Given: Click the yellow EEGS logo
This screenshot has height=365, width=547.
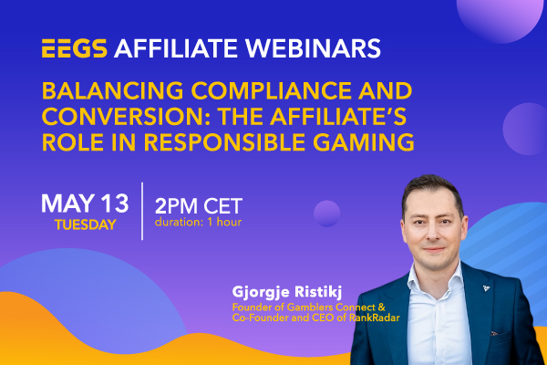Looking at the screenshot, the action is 75,47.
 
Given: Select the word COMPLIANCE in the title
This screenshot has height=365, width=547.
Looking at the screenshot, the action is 271,90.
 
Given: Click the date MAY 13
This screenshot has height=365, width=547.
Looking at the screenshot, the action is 85,203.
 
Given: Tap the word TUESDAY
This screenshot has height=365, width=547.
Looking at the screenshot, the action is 86,224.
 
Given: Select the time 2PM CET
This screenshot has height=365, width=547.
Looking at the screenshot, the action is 199,206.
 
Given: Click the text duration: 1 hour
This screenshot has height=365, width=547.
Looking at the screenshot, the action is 198,222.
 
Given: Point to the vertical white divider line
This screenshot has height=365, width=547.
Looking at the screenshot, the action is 142,212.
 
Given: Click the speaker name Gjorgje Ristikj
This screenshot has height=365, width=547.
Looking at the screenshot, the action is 287,292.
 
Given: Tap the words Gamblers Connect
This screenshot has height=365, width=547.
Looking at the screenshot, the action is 325,308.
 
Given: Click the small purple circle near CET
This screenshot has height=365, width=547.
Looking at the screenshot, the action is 327,214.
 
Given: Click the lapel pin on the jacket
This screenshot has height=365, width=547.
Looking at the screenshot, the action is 486,288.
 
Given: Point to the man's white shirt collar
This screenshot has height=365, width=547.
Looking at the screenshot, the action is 436,279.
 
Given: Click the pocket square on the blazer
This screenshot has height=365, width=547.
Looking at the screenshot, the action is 495,333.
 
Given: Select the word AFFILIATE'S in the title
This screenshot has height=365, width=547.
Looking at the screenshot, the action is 338,116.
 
